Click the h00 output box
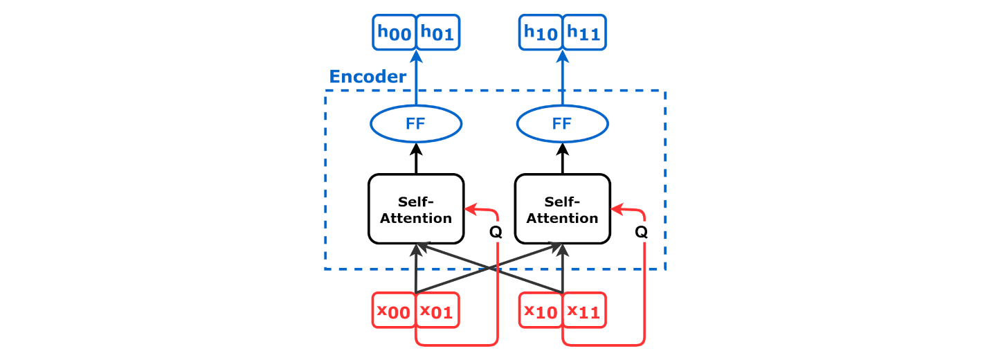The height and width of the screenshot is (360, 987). click(394, 32)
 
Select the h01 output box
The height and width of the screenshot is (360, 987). click(437, 32)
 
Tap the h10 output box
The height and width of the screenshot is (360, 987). click(541, 32)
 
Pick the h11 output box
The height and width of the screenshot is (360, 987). click(584, 32)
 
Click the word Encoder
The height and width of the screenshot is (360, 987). click(368, 76)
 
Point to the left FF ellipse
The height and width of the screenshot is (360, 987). click(416, 124)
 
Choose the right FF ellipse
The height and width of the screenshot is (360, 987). click(563, 124)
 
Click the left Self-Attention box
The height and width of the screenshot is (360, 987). click(416, 209)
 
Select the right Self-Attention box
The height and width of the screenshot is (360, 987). click(563, 209)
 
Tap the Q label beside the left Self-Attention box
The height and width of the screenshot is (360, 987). click(496, 232)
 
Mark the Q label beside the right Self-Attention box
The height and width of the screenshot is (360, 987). click(642, 232)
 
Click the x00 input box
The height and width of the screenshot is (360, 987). click(394, 310)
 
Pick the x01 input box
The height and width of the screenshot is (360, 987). click(437, 310)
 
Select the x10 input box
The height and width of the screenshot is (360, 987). click(541, 310)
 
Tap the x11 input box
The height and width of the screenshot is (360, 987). click(584, 310)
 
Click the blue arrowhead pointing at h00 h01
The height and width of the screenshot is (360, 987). click(416, 57)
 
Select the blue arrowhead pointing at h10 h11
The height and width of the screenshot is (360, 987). click(563, 57)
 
